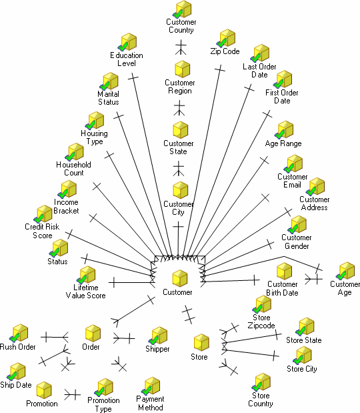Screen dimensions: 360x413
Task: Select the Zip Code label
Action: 225,51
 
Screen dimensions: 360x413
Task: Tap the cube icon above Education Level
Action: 128,42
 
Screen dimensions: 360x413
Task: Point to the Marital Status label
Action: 109,98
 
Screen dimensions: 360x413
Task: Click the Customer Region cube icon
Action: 183,69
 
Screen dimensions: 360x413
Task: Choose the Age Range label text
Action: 283,143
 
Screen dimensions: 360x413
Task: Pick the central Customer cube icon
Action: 180,278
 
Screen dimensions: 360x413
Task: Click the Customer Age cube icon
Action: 346,271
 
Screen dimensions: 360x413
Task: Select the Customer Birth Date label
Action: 283,288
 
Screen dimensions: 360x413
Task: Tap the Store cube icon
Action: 201,342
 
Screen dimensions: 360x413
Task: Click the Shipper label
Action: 157,349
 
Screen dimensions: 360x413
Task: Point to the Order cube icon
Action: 93,334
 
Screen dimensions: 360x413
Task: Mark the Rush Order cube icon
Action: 19,333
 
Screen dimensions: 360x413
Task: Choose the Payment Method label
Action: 150,403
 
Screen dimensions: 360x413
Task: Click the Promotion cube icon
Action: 44,390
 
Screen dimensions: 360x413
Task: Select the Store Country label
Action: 261,400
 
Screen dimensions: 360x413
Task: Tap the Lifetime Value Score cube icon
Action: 86,275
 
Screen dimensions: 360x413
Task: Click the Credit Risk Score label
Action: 42,231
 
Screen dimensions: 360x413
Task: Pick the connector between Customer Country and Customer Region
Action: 181,47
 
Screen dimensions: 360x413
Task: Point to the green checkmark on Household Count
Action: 70,156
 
